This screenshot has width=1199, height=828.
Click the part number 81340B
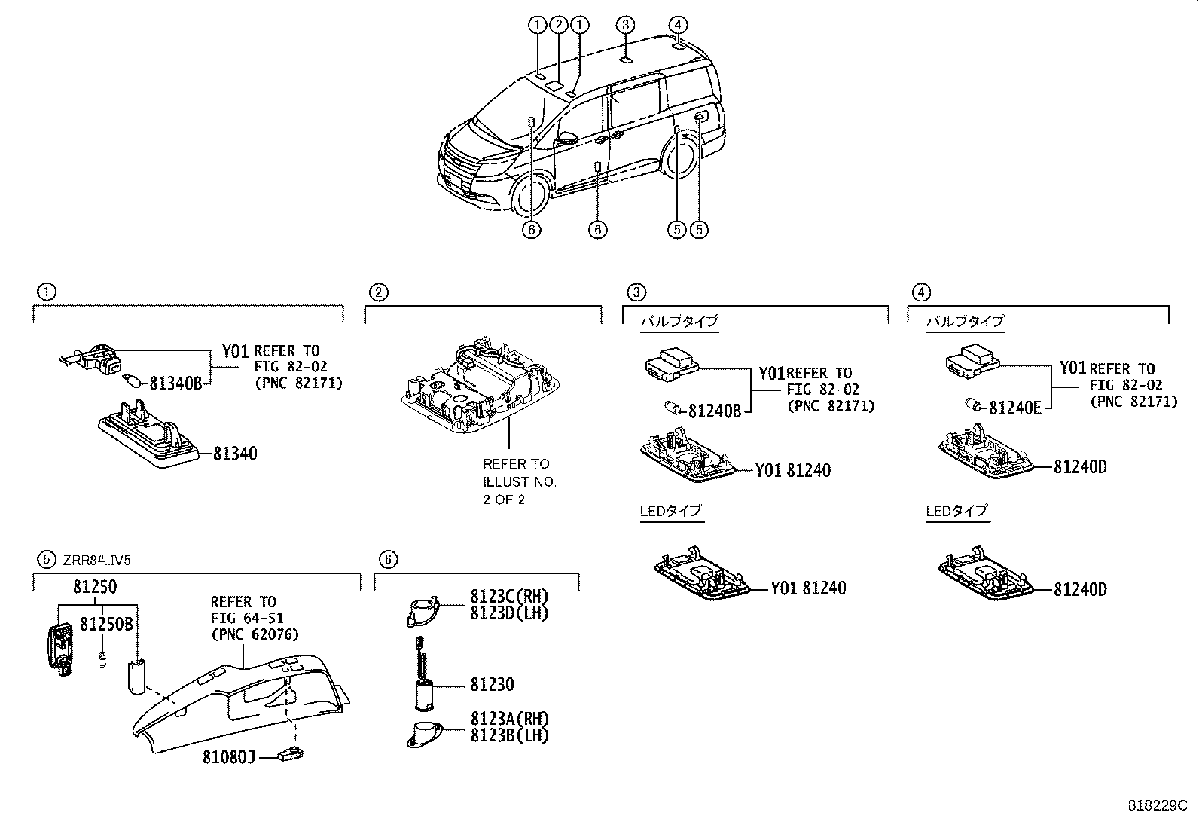[175, 383]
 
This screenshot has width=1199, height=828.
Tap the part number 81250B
[107, 624]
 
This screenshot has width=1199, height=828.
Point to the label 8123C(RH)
[509, 597]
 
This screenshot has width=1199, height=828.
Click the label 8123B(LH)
[509, 735]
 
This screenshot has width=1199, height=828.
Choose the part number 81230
[492, 684]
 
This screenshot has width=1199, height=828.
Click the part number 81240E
[1014, 408]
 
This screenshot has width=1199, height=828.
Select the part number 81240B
[715, 411]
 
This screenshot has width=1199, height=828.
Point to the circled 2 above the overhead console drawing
[379, 292]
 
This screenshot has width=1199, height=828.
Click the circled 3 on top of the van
[626, 24]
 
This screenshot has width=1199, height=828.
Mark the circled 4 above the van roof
[678, 24]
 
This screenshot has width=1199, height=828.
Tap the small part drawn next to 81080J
[290, 752]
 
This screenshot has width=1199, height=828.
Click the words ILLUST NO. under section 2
[519, 481]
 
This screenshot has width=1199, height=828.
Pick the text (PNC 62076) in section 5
[255, 634]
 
